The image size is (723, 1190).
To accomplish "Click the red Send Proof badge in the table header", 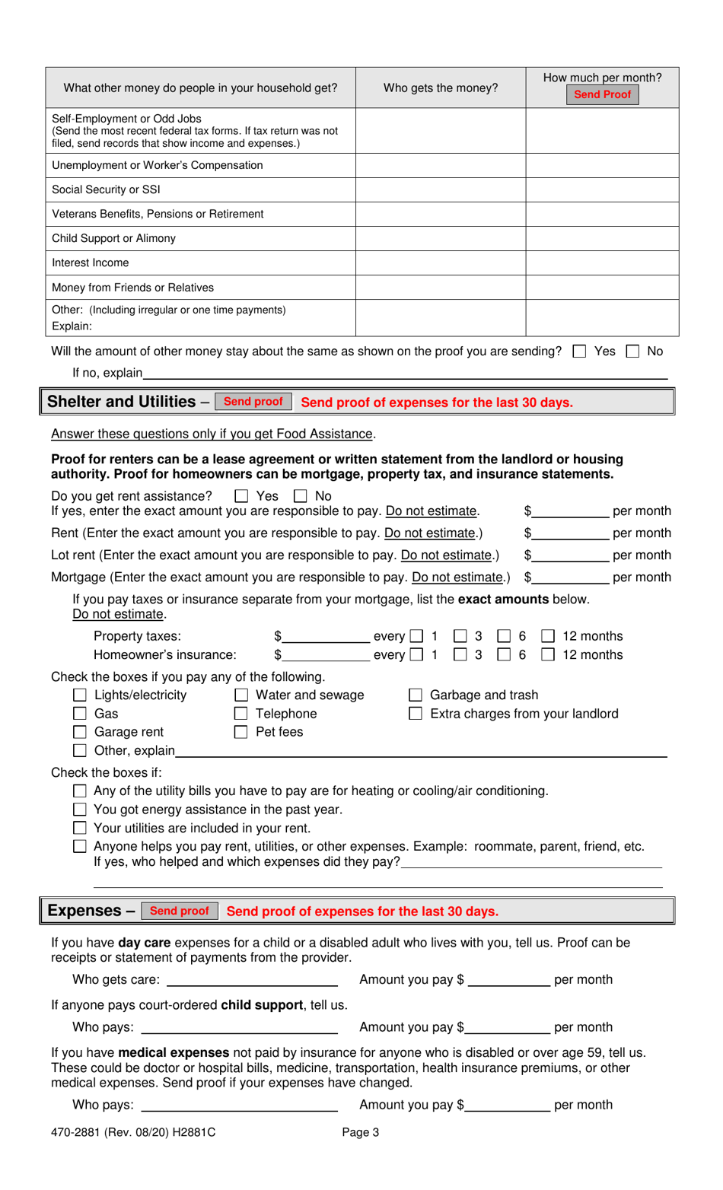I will click(x=602, y=94).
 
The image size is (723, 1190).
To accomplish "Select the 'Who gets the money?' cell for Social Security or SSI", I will click(x=440, y=189).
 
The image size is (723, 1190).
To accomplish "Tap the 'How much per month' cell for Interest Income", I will click(x=601, y=262).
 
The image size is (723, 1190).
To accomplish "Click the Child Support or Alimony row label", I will click(x=114, y=238).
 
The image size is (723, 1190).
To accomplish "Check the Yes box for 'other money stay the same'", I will click(x=580, y=352).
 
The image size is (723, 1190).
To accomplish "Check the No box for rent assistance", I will click(x=301, y=496).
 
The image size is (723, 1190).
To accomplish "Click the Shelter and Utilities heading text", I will click(x=122, y=402).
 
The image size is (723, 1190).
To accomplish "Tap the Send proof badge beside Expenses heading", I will click(x=179, y=911).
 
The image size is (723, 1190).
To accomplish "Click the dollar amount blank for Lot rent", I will click(x=570, y=555).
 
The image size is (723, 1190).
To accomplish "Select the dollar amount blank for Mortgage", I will click(x=570, y=577).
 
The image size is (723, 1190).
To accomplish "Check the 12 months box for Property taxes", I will click(x=548, y=636).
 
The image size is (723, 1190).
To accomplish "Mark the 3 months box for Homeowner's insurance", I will click(x=460, y=655).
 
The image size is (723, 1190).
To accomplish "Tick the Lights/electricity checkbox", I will click(x=80, y=695).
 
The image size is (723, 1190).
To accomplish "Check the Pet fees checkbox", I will click(x=241, y=733).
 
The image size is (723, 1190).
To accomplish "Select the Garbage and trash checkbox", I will click(x=416, y=695).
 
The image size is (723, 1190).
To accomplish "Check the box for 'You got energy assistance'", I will click(x=80, y=810).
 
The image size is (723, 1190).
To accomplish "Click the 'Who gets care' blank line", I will click(x=252, y=980).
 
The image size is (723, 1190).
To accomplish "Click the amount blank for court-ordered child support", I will click(x=508, y=1027).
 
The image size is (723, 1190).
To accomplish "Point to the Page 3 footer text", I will click(x=360, y=1132).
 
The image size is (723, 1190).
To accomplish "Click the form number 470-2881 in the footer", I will click(x=77, y=1132).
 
